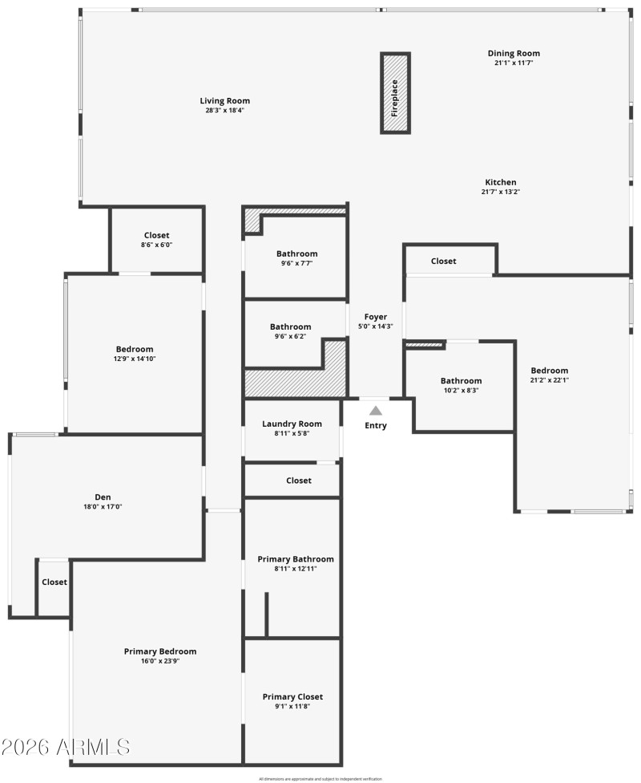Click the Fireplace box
point(395,93)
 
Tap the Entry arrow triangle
point(375,411)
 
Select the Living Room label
point(225,101)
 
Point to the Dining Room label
point(514,54)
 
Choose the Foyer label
point(375,317)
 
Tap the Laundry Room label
point(292,424)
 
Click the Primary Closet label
point(292,696)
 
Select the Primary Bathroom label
point(296,558)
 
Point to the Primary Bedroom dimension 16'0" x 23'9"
point(160,661)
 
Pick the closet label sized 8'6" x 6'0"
point(157,235)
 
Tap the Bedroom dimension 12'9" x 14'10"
point(135,359)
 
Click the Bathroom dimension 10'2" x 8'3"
point(462,390)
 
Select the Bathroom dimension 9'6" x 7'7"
point(297,263)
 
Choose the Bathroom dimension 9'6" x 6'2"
point(290,336)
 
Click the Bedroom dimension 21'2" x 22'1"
point(550,380)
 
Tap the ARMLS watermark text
point(66,748)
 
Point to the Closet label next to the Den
point(54,582)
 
